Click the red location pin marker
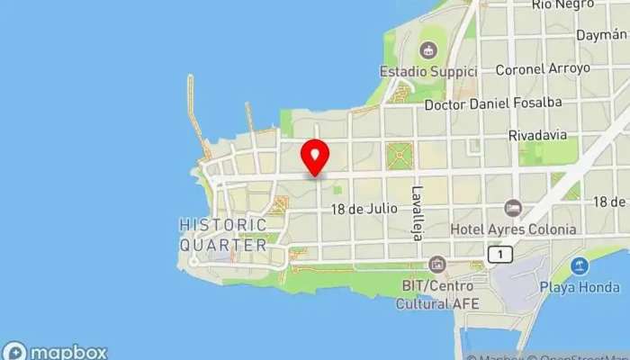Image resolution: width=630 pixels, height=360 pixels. click(314, 157)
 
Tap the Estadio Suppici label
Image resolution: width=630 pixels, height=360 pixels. click(426, 71)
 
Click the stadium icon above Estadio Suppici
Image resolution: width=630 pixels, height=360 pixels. click(428, 49)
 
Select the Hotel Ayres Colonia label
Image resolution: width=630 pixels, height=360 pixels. click(512, 229)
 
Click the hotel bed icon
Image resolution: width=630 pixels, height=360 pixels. click(513, 209)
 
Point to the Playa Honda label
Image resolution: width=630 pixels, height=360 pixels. click(579, 287)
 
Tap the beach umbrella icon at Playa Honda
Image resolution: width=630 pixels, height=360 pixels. click(580, 266)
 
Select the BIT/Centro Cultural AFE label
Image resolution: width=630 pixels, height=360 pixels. click(438, 294)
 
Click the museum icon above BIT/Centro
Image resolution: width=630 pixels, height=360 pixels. click(437, 265)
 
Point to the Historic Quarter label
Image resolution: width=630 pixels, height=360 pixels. click(223, 234)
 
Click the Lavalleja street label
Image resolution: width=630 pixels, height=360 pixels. click(417, 213)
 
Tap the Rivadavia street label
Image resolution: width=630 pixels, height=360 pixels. click(537, 135)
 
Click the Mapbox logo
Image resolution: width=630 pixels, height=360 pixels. click(56, 351)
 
